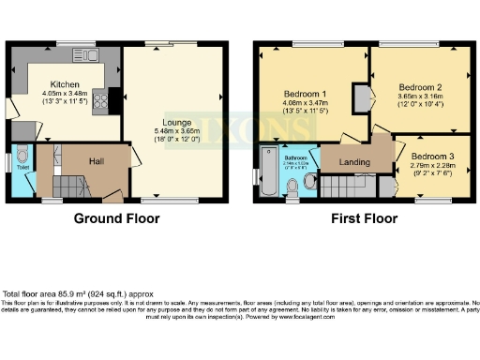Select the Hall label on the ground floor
(97, 160)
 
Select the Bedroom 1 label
(305, 94)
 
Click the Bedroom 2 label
(419, 86)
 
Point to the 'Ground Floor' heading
(117, 218)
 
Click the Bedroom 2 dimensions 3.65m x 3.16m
(419, 96)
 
